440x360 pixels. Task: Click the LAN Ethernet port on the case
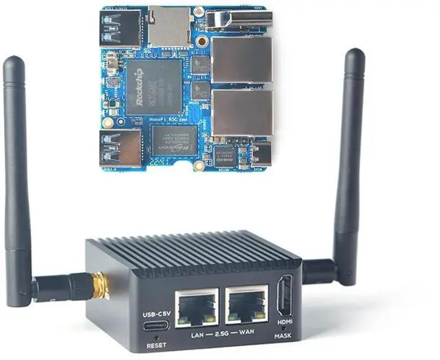[197, 307]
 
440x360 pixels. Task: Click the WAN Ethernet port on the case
[247, 307]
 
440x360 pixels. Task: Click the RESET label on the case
[155, 345]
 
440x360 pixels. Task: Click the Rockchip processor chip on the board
[153, 87]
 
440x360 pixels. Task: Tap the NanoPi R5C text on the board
[168, 119]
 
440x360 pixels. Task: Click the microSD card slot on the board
[168, 27]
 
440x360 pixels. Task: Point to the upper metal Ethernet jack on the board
[241, 60]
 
